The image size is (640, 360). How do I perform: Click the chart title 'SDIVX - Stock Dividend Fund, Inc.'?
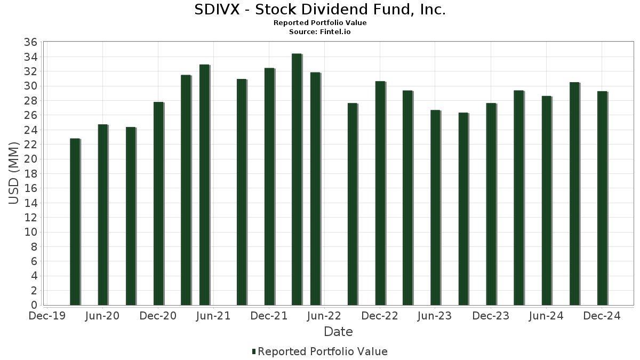319,10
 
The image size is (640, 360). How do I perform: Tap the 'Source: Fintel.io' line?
319,32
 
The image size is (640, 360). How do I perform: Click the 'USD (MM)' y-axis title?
14,173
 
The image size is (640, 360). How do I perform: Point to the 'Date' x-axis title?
338,332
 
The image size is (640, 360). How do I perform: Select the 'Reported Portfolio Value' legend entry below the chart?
319,351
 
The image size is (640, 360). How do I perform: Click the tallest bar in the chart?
297,179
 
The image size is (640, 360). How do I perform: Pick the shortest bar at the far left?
75,222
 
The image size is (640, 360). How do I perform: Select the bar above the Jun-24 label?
546,201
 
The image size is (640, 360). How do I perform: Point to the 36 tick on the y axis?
31,42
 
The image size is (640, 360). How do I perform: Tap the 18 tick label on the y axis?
31,174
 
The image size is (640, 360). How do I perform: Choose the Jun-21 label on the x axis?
213,316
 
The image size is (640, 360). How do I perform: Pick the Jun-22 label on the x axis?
324,316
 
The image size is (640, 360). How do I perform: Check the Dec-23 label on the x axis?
491,316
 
